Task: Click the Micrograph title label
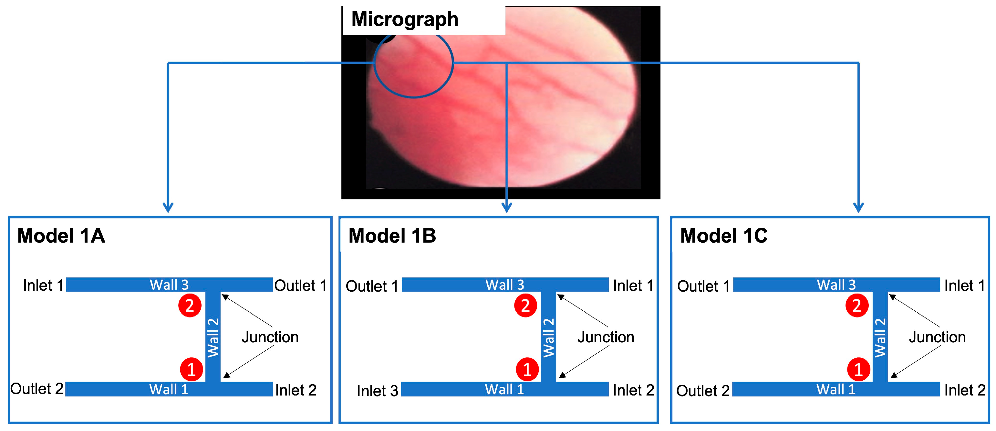pos(404,19)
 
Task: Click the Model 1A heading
pos(61,236)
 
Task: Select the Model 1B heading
pos(392,236)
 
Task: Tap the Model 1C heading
pos(723,236)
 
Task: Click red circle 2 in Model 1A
pos(190,306)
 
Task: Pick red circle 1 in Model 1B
pos(527,369)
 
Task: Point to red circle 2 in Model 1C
pos(857,306)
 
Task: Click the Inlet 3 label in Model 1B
pos(377,391)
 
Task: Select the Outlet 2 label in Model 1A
pos(37,388)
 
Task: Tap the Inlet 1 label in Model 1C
pos(964,286)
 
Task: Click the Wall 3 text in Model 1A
pos(169,285)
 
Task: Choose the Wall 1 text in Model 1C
pos(835,389)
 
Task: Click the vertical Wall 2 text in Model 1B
pos(548,337)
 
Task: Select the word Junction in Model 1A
pos(270,337)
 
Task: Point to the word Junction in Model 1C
pos(937,337)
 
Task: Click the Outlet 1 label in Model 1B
pos(372,286)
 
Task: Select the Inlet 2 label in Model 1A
pos(296,390)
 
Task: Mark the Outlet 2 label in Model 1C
pos(702,391)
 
